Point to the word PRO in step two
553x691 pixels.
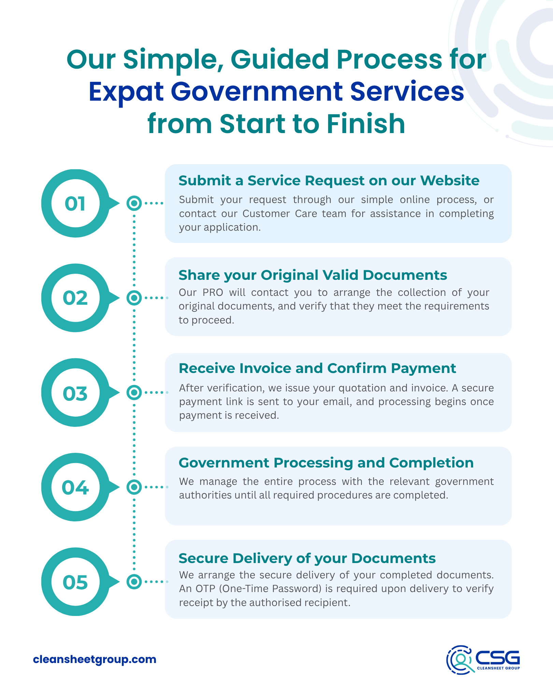[x=213, y=292]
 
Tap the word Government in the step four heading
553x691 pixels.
[x=224, y=463]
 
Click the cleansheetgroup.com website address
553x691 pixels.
[x=95, y=659]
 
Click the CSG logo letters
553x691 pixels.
[x=497, y=657]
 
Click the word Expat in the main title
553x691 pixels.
[x=126, y=92]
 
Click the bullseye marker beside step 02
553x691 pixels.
[x=134, y=298]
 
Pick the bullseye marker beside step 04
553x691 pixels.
[x=134, y=487]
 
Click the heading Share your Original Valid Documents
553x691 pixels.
[x=313, y=275]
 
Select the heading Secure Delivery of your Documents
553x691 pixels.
[x=307, y=558]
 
